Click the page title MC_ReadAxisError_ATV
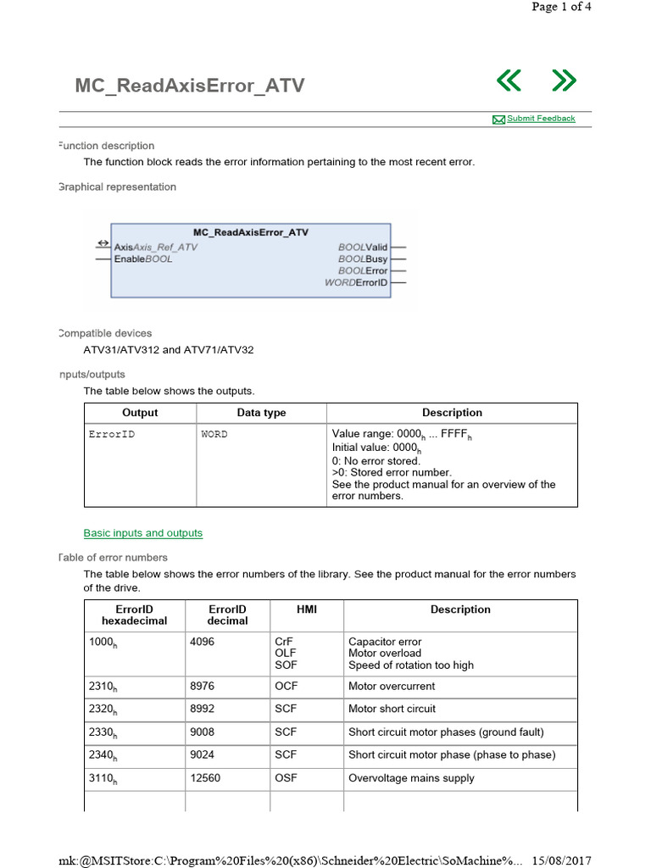click(x=189, y=86)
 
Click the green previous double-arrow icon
click(x=509, y=81)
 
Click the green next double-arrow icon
click(x=564, y=81)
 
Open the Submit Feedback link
click(x=540, y=119)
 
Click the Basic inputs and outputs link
click(x=142, y=533)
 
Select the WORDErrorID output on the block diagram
click(x=356, y=282)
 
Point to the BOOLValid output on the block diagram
click(x=363, y=248)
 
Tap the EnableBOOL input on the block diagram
click(x=143, y=259)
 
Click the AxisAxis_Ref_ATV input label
click(x=155, y=248)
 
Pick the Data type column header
click(x=261, y=413)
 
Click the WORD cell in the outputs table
click(x=214, y=434)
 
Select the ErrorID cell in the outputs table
click(x=111, y=434)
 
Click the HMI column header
click(x=305, y=609)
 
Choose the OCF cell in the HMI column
click(x=286, y=687)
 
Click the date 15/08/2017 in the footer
click(x=561, y=860)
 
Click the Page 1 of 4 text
click(x=561, y=7)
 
